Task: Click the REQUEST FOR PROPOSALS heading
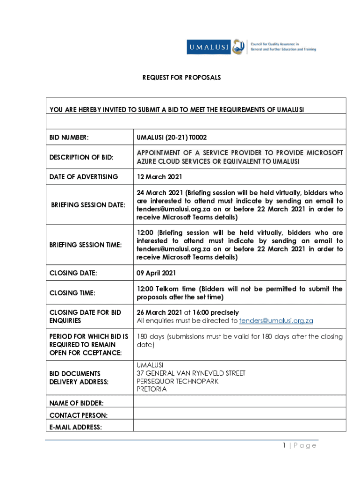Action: pos(181,77)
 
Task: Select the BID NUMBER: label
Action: pos(69,138)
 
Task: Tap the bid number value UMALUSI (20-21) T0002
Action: pos(172,138)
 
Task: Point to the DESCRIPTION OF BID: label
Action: pos(81,157)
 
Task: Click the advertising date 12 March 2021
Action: pos(159,177)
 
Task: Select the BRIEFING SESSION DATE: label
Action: pos(88,205)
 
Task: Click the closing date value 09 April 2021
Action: pos(156,273)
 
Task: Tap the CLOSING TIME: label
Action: pos(72,293)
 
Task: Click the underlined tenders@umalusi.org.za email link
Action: pos(276,321)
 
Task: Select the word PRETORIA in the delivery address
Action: pos(151,389)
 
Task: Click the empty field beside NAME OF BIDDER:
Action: pos(239,402)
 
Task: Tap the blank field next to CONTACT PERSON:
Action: pos(239,414)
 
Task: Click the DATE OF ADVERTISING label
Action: pos(84,177)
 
